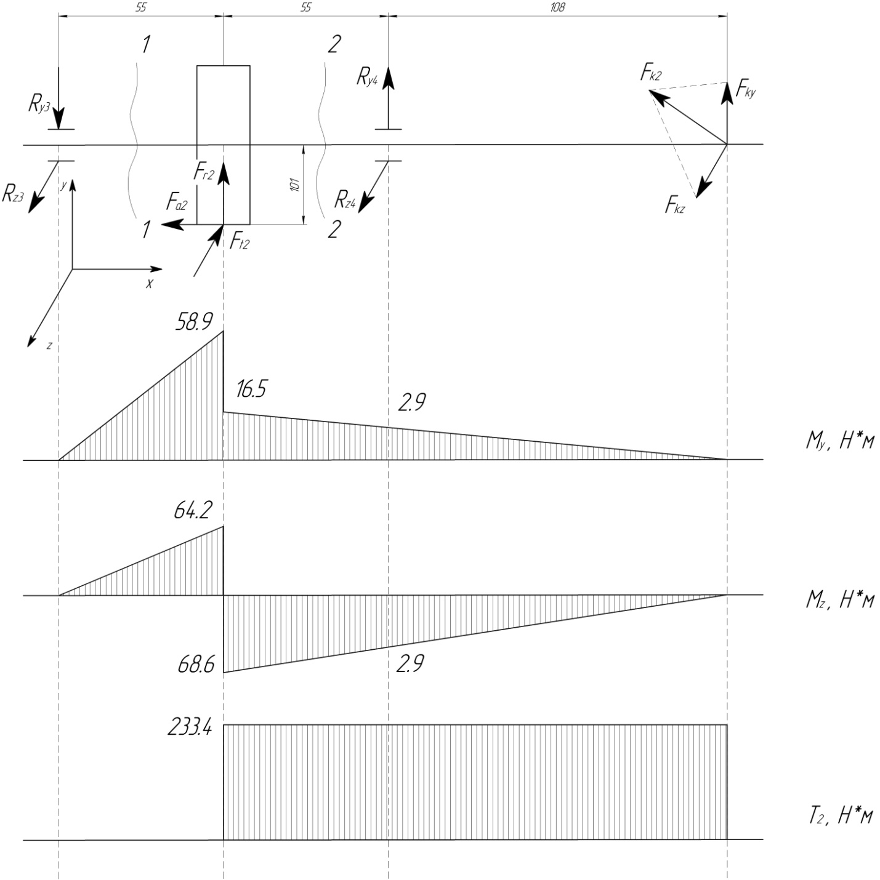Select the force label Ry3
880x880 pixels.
[x=39, y=105]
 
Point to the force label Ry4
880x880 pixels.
[x=367, y=76]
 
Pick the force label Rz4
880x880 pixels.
[x=345, y=199]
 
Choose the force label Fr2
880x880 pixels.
[x=204, y=174]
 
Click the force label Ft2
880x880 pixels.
[x=239, y=242]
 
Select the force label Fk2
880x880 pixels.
[x=651, y=74]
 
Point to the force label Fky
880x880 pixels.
[x=746, y=90]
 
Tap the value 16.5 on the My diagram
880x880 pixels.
[x=251, y=389]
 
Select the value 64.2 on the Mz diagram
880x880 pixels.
[x=193, y=511]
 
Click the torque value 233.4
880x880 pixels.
[x=190, y=729]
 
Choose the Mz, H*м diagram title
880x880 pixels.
[x=839, y=601]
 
